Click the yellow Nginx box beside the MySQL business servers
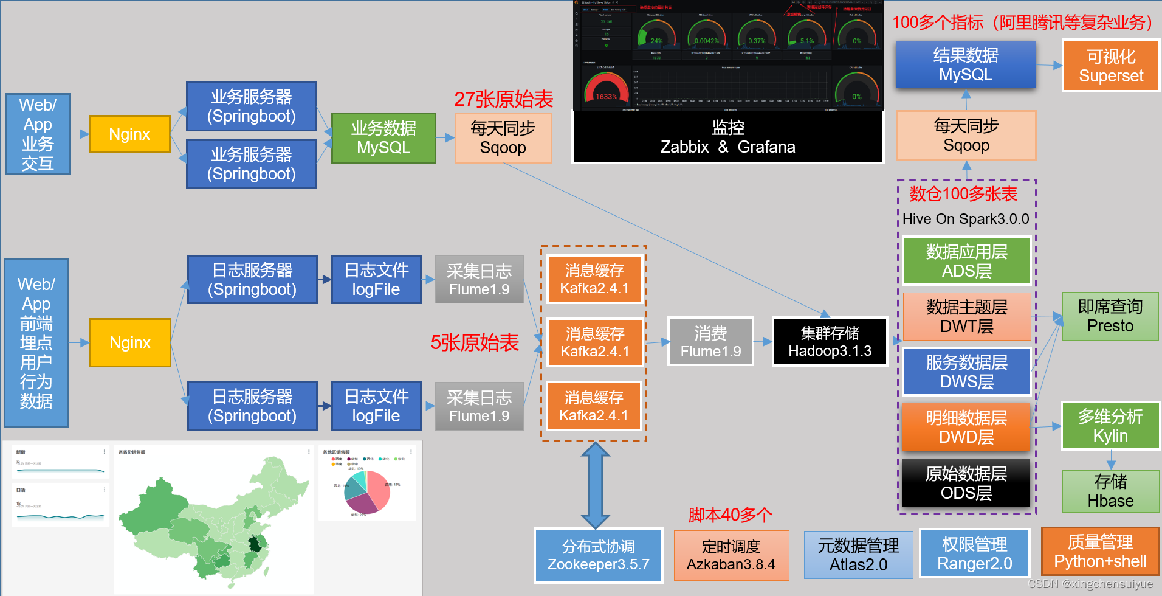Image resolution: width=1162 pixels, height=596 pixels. pos(129,134)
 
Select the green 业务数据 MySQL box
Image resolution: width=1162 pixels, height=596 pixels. pos(383,138)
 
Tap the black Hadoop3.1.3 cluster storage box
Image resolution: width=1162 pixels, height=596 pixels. pos(830,342)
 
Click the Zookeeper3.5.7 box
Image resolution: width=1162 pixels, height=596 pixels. pos(598,555)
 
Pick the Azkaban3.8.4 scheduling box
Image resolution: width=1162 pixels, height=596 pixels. pos(731,555)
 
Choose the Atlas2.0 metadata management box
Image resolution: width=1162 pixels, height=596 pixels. pos(858,555)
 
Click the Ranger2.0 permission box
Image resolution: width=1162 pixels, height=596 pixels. pos(974,554)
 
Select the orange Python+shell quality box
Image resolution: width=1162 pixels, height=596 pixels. pos(1100,552)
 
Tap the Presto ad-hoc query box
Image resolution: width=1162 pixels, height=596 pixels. pos(1110,316)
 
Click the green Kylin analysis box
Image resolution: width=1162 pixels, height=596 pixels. pos(1110,426)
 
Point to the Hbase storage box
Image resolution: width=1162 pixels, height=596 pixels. pos(1110,491)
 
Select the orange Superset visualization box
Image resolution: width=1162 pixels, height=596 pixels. pos(1111,66)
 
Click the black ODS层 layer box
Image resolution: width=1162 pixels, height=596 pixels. pos(966,483)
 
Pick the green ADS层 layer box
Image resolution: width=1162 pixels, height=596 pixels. pos(966,261)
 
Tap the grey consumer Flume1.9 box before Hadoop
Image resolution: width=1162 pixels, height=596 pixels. pos(710,342)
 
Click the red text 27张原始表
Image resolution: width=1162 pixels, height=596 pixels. pos(503,99)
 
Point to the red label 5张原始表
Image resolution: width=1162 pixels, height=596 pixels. pos(475,343)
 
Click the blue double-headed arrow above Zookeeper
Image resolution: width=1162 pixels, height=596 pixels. pos(596,485)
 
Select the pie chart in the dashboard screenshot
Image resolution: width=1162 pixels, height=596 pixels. pos(366,491)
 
